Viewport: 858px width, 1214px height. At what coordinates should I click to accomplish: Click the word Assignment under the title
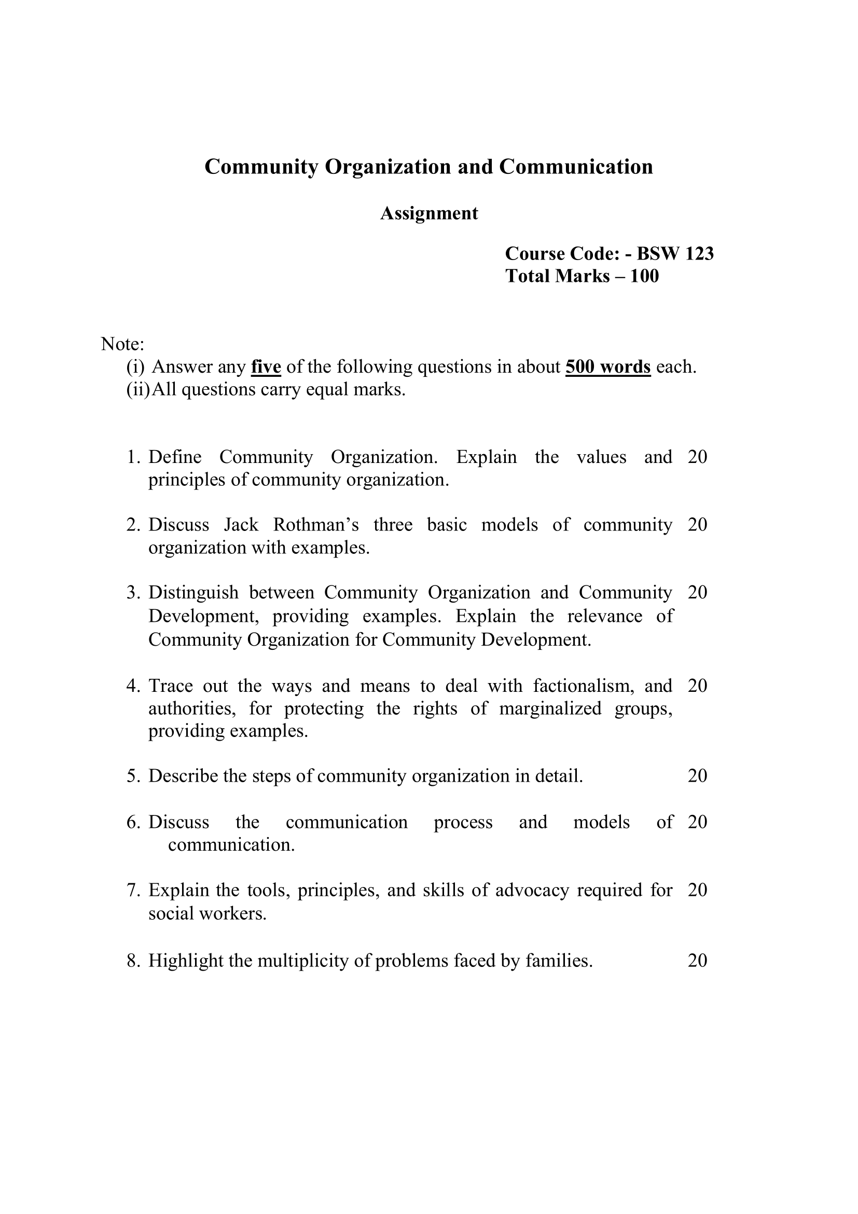429,213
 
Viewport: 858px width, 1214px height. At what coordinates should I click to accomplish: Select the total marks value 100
645,276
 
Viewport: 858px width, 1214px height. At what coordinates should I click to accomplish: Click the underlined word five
266,366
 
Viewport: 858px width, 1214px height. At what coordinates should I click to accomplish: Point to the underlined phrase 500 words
607,366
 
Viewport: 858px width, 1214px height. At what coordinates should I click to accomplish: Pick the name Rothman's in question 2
316,525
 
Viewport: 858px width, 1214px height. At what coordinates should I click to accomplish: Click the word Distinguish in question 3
193,592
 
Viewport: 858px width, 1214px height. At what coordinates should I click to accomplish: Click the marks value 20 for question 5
697,775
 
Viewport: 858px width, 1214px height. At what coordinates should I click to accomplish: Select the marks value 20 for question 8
697,960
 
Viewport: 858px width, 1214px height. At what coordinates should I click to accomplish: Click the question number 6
133,822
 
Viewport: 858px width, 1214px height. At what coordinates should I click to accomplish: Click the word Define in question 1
175,457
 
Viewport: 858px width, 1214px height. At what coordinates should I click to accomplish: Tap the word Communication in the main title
576,167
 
